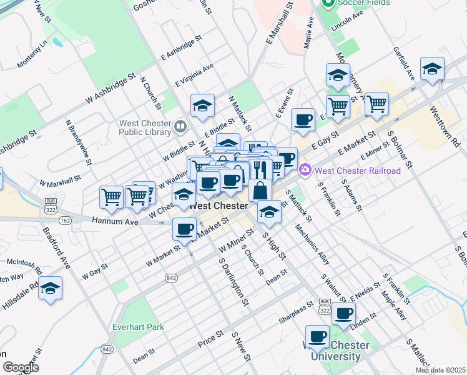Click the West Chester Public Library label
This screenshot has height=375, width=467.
(x=145, y=127)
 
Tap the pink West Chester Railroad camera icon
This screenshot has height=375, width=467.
(x=305, y=169)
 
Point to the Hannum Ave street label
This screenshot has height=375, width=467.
(x=114, y=221)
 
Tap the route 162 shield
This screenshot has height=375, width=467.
(x=64, y=221)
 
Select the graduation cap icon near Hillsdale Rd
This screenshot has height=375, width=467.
(x=51, y=289)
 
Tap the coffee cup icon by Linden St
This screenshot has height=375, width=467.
(x=343, y=314)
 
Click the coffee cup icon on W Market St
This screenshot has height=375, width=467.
(x=184, y=229)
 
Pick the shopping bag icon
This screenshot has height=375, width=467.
(x=260, y=190)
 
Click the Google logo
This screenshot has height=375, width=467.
(x=21, y=367)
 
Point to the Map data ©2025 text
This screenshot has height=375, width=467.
(x=440, y=370)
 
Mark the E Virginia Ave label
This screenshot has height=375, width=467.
(x=194, y=74)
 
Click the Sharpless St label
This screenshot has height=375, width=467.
(x=295, y=314)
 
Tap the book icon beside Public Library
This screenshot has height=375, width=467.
(x=180, y=127)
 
